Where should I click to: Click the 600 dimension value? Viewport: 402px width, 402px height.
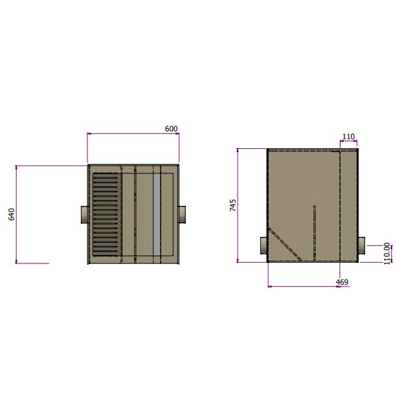coord(171,129)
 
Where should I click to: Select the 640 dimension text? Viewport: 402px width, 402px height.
coord(11,214)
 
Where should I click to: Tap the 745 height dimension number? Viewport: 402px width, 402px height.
coord(233,205)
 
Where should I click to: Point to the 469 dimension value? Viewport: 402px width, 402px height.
coord(342,282)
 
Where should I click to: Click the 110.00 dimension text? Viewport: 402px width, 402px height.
coord(387,253)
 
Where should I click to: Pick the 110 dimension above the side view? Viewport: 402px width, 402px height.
coord(348,137)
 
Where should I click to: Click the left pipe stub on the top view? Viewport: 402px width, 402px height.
coord(84,214)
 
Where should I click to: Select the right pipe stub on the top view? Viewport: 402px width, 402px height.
coord(183,213)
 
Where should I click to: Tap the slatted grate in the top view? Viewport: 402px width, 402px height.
coord(106,214)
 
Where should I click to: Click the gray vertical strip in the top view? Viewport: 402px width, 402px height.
coord(156,214)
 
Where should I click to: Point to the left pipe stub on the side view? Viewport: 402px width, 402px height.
coord(263,246)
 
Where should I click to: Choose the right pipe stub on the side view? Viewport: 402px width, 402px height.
coord(361,245)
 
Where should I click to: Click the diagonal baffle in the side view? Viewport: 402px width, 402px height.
coord(285,244)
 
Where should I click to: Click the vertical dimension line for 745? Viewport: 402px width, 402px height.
coord(238,205)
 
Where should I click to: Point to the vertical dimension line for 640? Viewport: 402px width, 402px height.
coord(16,214)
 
